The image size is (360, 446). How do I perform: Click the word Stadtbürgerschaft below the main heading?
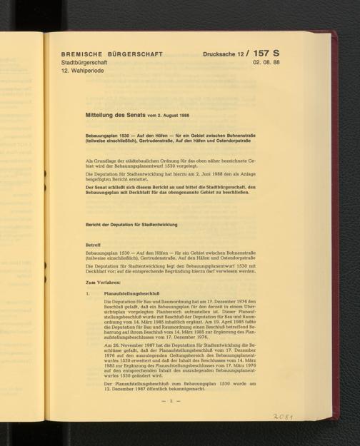(84, 64)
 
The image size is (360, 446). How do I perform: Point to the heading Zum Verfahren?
(104, 283)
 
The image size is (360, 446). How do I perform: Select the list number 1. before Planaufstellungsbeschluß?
(86, 293)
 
